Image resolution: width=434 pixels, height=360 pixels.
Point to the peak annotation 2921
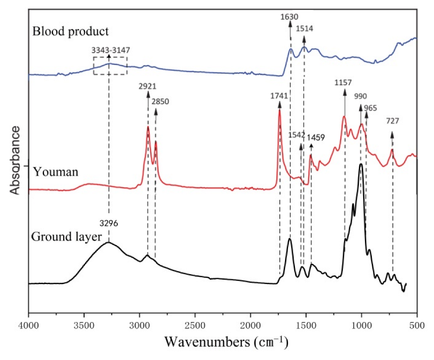148,86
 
